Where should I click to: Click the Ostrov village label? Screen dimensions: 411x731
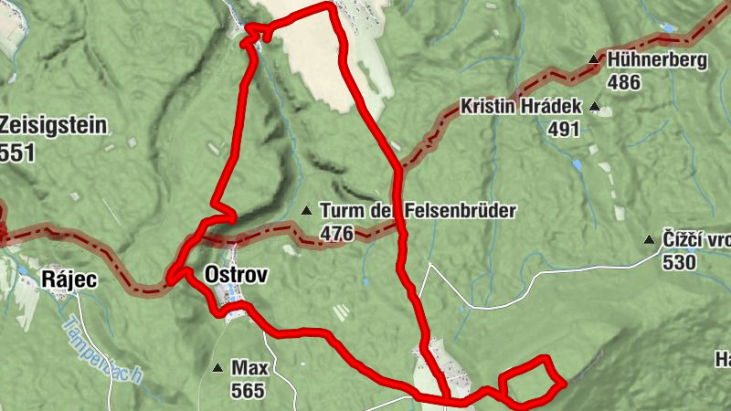(x=224, y=274)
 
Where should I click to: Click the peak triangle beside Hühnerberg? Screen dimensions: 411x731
(x=593, y=60)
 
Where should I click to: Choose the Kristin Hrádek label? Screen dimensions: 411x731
(x=521, y=106)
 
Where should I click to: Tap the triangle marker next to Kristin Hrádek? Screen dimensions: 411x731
(x=596, y=107)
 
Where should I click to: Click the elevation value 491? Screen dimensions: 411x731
(x=564, y=129)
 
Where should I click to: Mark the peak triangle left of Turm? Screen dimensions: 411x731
(x=305, y=211)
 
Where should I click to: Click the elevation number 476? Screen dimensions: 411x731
(x=336, y=234)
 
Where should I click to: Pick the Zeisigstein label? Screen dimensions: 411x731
(x=54, y=126)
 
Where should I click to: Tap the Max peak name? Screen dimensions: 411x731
(x=249, y=368)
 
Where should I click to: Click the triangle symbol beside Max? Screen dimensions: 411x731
(x=217, y=369)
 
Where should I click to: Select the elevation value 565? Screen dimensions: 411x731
(x=248, y=392)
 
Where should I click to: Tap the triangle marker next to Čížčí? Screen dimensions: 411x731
(x=648, y=241)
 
